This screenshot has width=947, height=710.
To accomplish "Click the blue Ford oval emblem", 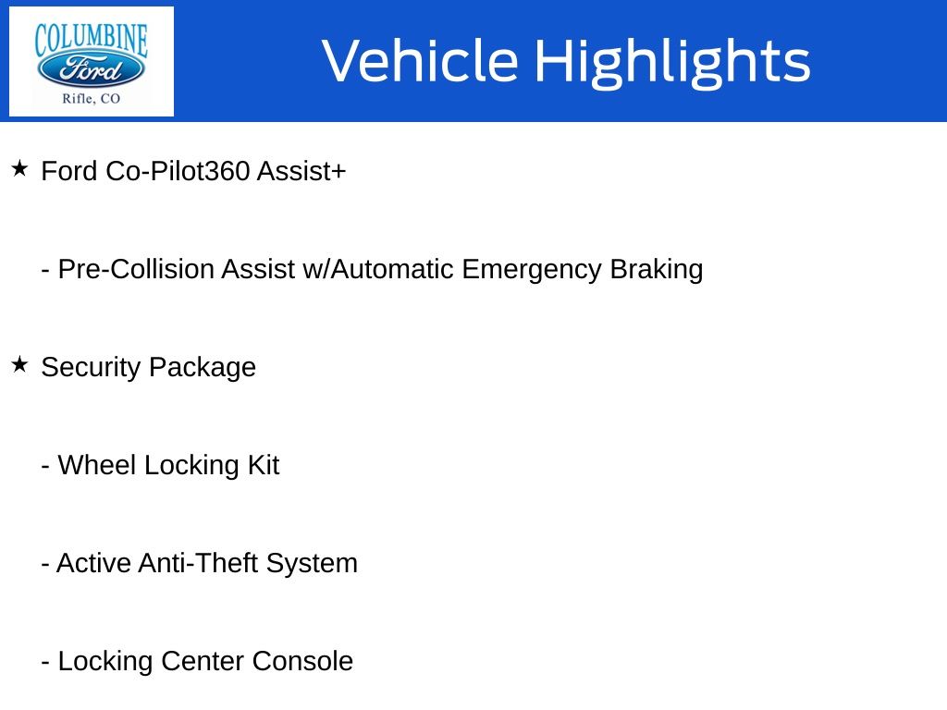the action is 91,68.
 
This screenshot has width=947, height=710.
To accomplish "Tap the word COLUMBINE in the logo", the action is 91,40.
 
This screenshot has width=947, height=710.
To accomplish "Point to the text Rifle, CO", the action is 92,99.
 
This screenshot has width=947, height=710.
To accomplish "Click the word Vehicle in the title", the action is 421,60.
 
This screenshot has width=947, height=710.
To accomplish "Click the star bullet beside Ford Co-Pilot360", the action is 19,168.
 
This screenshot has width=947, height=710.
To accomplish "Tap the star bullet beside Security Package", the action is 19,364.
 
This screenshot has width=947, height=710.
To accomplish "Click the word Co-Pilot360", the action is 178,171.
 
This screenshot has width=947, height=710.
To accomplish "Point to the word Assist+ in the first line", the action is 301,171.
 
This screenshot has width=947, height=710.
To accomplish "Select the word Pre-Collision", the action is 136,269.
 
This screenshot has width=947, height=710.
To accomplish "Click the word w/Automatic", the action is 378,269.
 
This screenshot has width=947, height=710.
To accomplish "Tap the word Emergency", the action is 532,270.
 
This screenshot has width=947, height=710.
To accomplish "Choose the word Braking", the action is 657,270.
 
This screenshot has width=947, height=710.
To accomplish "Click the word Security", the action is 91,368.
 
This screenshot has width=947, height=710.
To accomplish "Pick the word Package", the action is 203,368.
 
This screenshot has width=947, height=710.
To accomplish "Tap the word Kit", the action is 264,465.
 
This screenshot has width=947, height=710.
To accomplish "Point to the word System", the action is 313,564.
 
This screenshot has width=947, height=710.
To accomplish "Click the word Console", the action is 302,661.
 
